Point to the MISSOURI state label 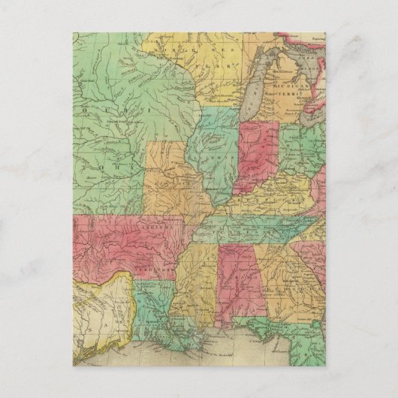166,181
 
